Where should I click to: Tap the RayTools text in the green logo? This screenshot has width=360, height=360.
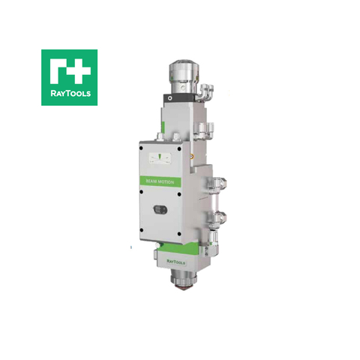(68, 94)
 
